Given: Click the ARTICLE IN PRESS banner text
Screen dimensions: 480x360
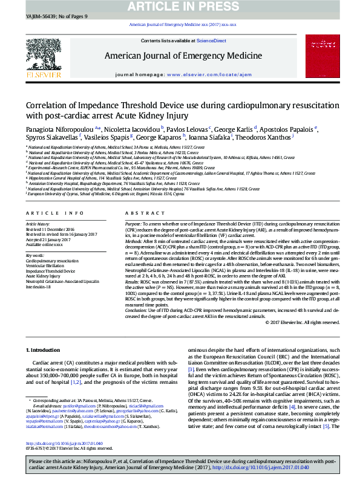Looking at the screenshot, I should [x=180, y=6].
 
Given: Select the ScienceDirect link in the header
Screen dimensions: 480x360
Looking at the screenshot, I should [x=212, y=41].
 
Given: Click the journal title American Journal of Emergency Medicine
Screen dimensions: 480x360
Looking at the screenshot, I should [x=183, y=56].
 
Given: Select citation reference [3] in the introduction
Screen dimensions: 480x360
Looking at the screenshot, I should [x=191, y=369].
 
